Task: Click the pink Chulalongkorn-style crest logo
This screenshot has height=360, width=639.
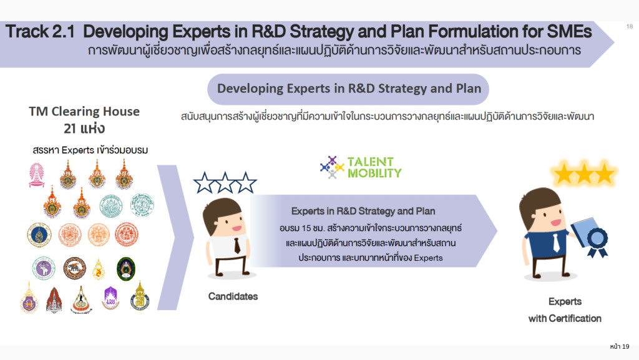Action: [36, 175]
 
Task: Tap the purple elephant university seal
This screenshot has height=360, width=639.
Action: [44, 268]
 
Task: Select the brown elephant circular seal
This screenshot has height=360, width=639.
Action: [74, 268]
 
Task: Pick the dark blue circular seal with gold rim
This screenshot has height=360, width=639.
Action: [39, 235]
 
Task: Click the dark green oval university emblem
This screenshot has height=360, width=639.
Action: [126, 269]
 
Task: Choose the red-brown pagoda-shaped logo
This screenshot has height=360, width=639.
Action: [54, 299]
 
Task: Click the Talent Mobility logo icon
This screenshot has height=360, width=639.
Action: [332, 167]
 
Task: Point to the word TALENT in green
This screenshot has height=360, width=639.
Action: [371, 162]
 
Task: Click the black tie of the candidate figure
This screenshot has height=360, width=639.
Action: [237, 246]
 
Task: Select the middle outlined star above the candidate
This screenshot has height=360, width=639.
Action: [225, 182]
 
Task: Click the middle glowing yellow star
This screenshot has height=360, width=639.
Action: [584, 173]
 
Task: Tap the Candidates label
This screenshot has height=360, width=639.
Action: [233, 296]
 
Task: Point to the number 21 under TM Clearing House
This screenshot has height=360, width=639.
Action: [70, 129]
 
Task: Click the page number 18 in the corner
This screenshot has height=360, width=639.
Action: [630, 26]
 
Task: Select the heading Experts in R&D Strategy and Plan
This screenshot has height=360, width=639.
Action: [363, 212]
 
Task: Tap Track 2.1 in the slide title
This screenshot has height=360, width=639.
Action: [40, 31]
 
